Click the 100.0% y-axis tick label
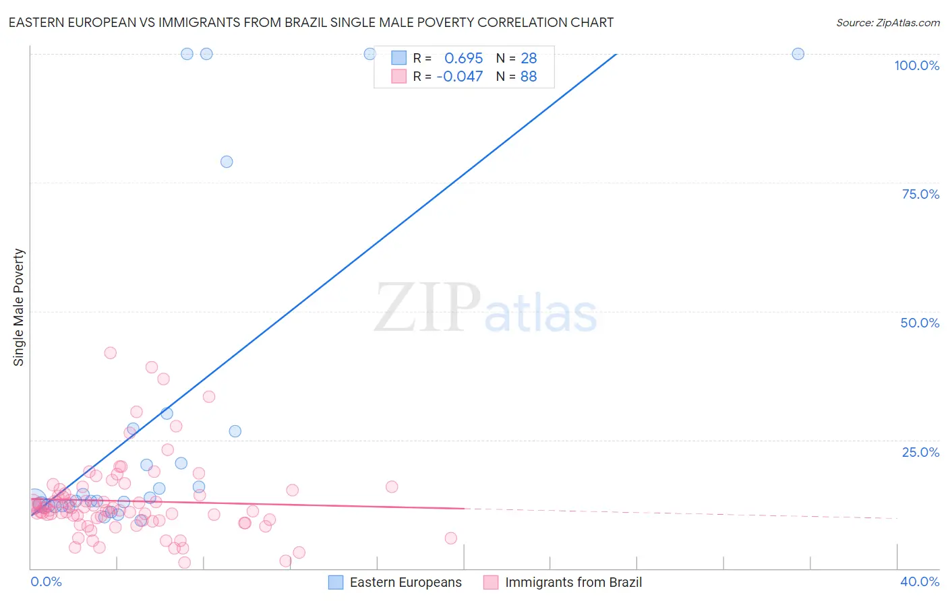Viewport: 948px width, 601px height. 916,65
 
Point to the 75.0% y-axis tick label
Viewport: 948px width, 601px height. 920,194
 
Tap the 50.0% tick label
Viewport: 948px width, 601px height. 920,323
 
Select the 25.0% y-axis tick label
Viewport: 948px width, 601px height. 920,452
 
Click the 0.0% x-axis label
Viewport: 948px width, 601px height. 46,581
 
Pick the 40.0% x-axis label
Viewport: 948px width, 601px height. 920,581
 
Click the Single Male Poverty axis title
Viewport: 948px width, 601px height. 19,307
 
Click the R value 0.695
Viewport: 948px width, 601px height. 463,59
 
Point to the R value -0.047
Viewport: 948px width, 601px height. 459,77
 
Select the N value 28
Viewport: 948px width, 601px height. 529,59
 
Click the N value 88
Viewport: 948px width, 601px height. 529,77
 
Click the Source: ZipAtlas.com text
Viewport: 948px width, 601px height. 887,23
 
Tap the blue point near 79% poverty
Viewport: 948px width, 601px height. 227,162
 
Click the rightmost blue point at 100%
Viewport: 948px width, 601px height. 798,54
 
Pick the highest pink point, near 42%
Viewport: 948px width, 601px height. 110,353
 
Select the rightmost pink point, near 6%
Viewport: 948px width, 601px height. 451,538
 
